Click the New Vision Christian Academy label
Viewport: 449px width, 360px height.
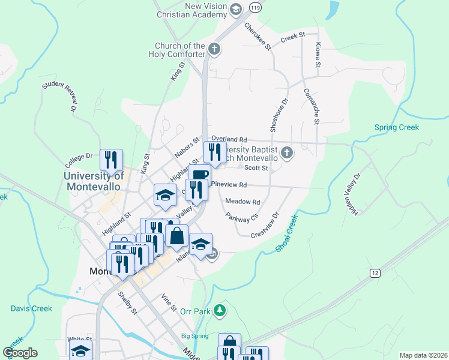191,10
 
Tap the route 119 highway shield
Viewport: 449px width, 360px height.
256,8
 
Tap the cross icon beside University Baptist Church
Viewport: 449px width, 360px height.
286,153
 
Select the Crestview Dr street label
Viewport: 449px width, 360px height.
265,224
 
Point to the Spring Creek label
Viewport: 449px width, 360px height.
396,127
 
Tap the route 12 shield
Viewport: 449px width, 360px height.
375,273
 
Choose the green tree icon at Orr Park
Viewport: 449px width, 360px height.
220,310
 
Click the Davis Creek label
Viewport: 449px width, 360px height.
31,308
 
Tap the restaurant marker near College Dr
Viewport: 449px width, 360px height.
111,160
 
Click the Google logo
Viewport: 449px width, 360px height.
20,353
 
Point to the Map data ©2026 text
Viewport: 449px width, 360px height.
423,355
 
